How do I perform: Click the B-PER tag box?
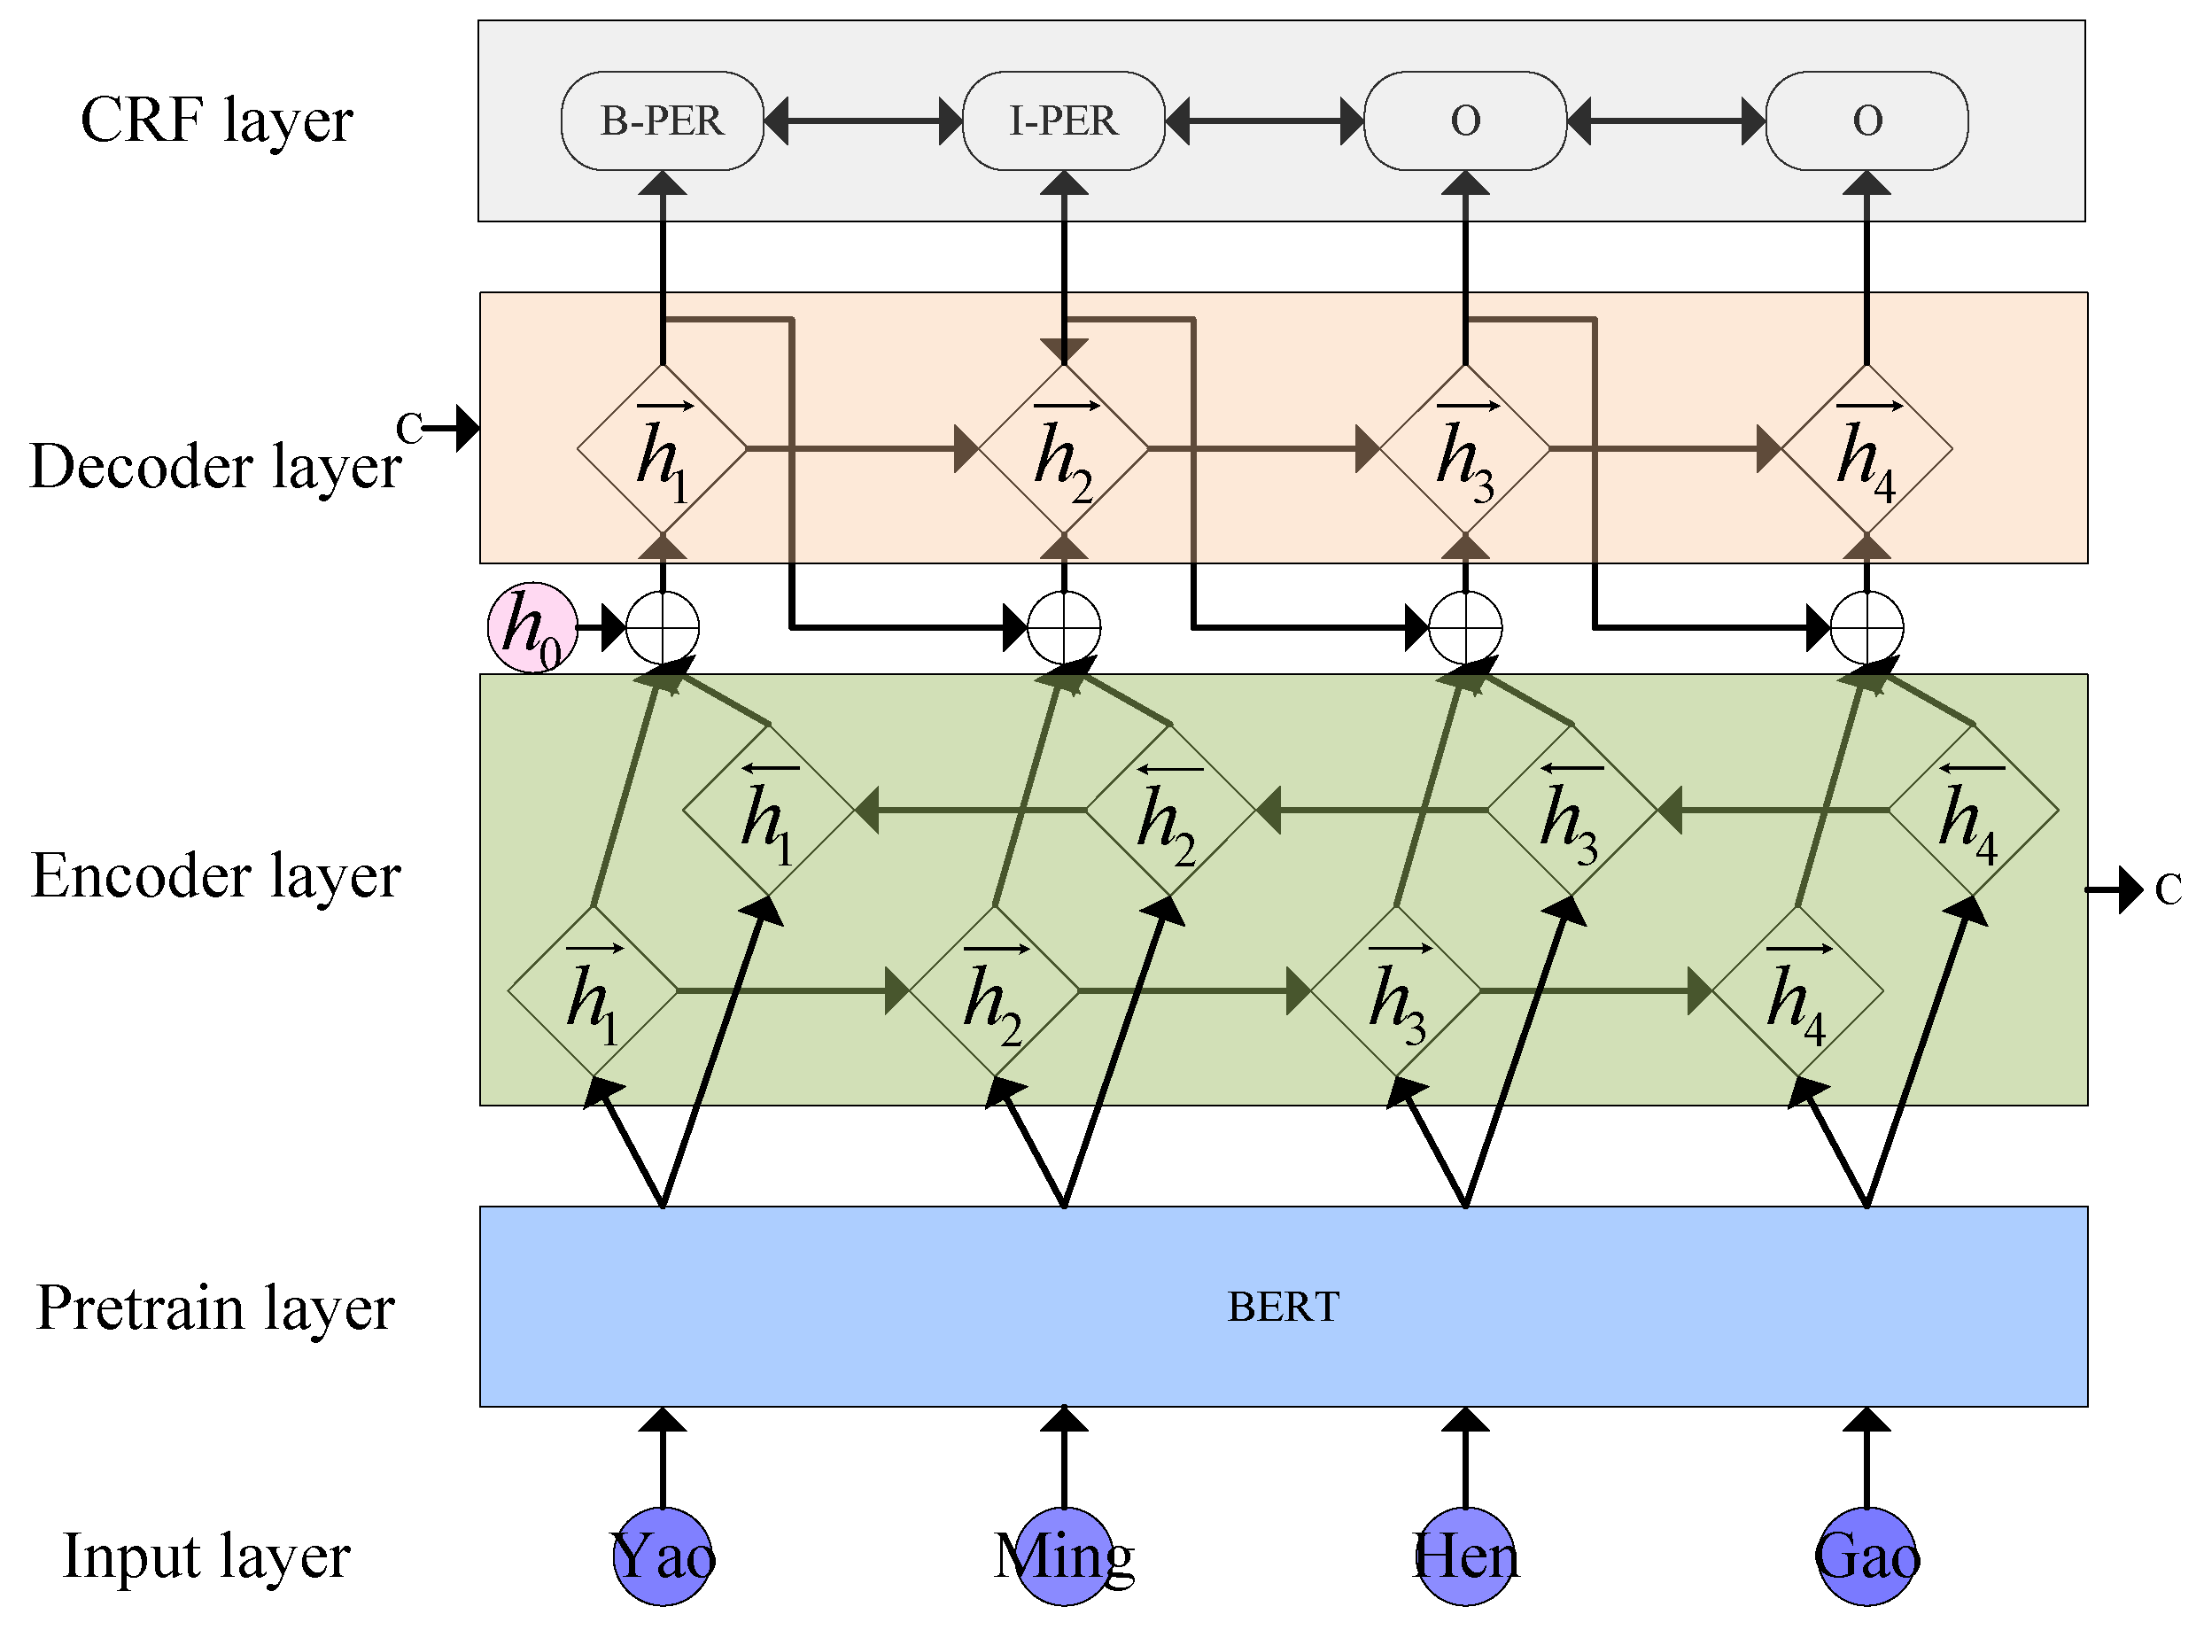[662, 120]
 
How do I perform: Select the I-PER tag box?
[1064, 120]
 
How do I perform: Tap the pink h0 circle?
[532, 627]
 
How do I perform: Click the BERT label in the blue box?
[1283, 1308]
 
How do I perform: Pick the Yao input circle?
[663, 1556]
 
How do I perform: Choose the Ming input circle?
[1064, 1556]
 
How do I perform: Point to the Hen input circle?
[1465, 1556]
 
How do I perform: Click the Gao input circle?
[1866, 1556]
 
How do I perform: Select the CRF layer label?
[216, 120]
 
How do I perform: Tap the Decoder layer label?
[215, 466]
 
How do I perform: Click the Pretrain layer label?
[215, 1308]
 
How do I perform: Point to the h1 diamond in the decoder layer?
[662, 449]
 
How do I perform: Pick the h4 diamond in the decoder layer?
[1866, 449]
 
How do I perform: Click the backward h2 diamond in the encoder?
[1170, 811]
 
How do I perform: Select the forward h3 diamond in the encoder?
[1396, 990]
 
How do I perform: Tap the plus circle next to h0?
[663, 627]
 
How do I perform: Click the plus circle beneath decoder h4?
[1866, 627]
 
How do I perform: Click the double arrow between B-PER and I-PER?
[863, 120]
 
